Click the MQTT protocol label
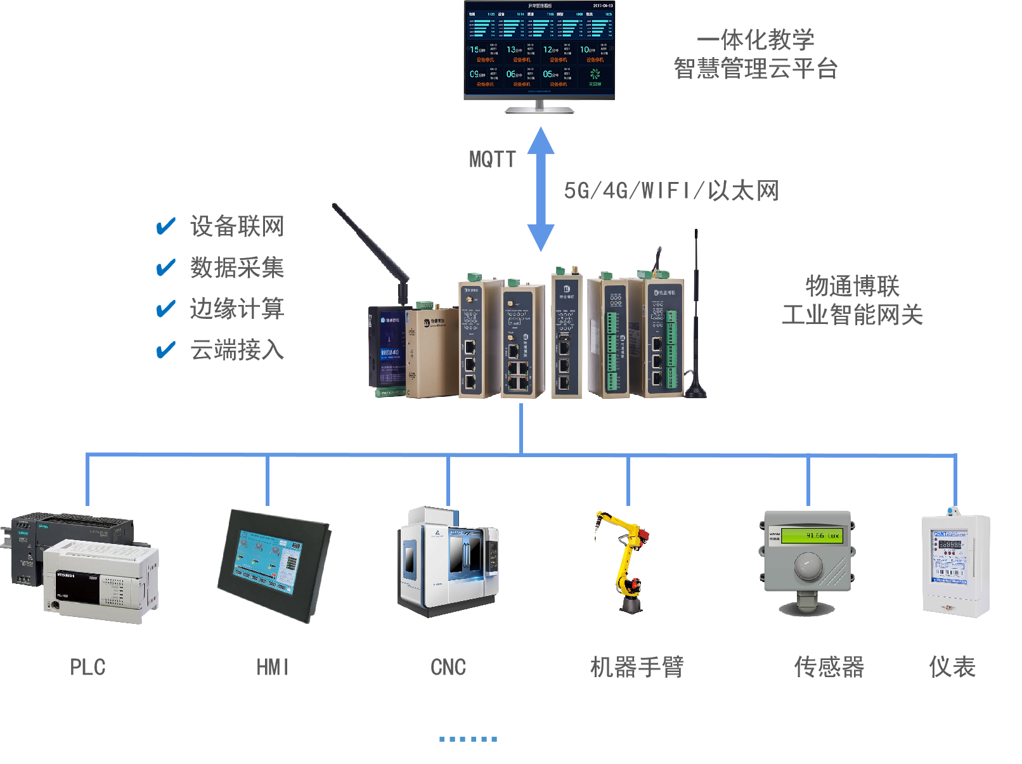492,159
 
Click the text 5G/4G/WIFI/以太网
671,190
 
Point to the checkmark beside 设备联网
166,226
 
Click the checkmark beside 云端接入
166,349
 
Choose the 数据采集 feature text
237,268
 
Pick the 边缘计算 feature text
237,309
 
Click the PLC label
87,667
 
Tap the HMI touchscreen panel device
273,564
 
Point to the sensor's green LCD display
813,536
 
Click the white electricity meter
955,564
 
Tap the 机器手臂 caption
637,667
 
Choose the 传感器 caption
829,667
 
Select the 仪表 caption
952,667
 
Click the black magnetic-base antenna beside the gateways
696,330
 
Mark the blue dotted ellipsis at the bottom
469,739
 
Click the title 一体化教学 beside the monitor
756,40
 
